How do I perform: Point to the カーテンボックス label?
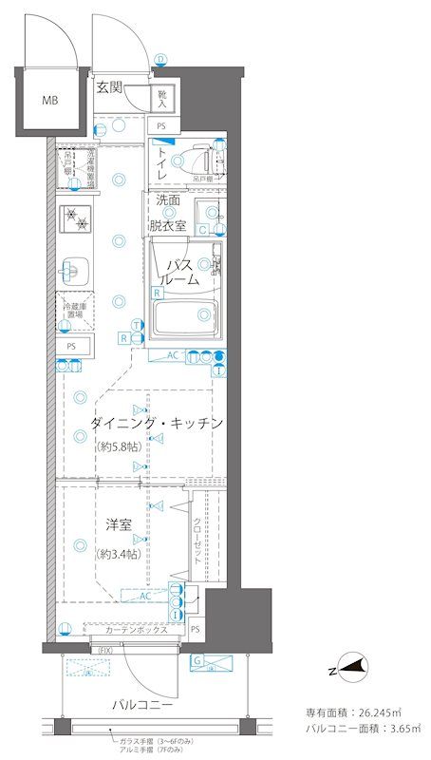coord(137,630)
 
